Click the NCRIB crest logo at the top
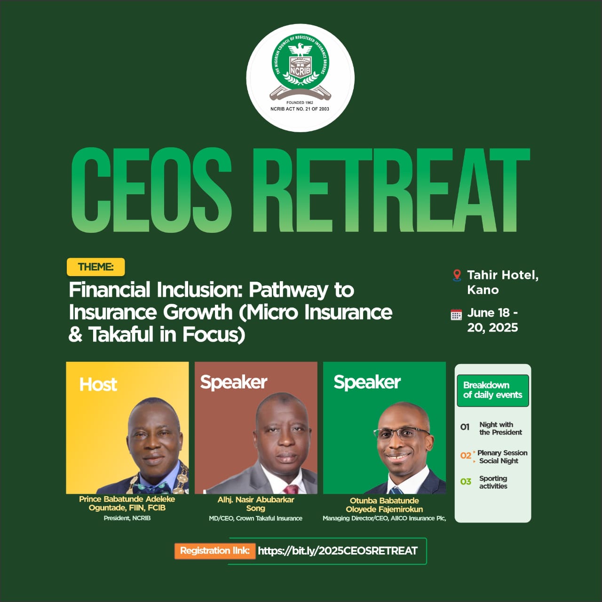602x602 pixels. [x=300, y=78]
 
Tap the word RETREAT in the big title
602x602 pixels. [x=391, y=190]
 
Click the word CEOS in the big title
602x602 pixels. [x=151, y=190]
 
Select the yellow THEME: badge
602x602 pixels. [x=95, y=267]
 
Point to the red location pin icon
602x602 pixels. [x=457, y=275]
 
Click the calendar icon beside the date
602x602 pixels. [x=456, y=315]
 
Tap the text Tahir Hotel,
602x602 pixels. [x=503, y=275]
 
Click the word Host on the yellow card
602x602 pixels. [x=98, y=384]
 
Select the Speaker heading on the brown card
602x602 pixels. [x=234, y=382]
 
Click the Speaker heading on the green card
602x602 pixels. [x=367, y=382]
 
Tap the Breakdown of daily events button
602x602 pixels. [x=493, y=390]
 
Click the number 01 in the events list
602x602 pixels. [x=465, y=427]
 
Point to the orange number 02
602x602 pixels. [x=466, y=455]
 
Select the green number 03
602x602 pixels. [x=466, y=482]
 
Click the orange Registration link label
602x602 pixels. [x=215, y=551]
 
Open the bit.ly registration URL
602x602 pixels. [x=338, y=551]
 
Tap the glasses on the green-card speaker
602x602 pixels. [x=402, y=434]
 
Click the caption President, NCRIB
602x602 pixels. [x=127, y=518]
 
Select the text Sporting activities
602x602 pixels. [x=493, y=482]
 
